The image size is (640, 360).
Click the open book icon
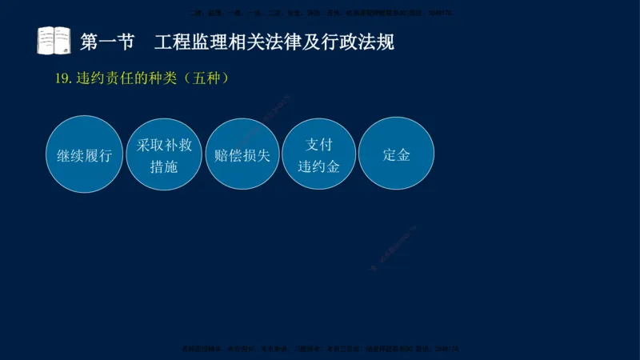coord(54,40)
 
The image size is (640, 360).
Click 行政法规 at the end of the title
coord(364,41)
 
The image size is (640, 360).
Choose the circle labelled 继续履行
coord(84,155)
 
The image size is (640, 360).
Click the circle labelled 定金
coord(397,155)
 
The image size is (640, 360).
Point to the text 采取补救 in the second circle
coord(163,145)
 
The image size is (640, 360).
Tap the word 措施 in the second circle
coord(163,166)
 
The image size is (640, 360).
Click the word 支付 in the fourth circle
coord(318,145)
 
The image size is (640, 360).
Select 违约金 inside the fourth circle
coord(318,166)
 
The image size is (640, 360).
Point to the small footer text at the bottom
coord(320,349)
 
